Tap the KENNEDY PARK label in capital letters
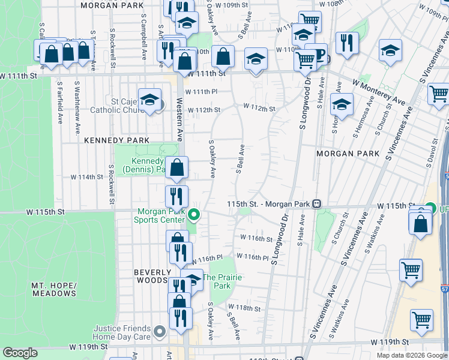[x=107, y=140]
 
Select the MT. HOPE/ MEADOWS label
[x=54, y=289]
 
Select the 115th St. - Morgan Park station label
[x=268, y=204]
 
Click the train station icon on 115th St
[x=315, y=204]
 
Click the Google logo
[x=20, y=353]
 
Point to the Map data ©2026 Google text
[x=411, y=355]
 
